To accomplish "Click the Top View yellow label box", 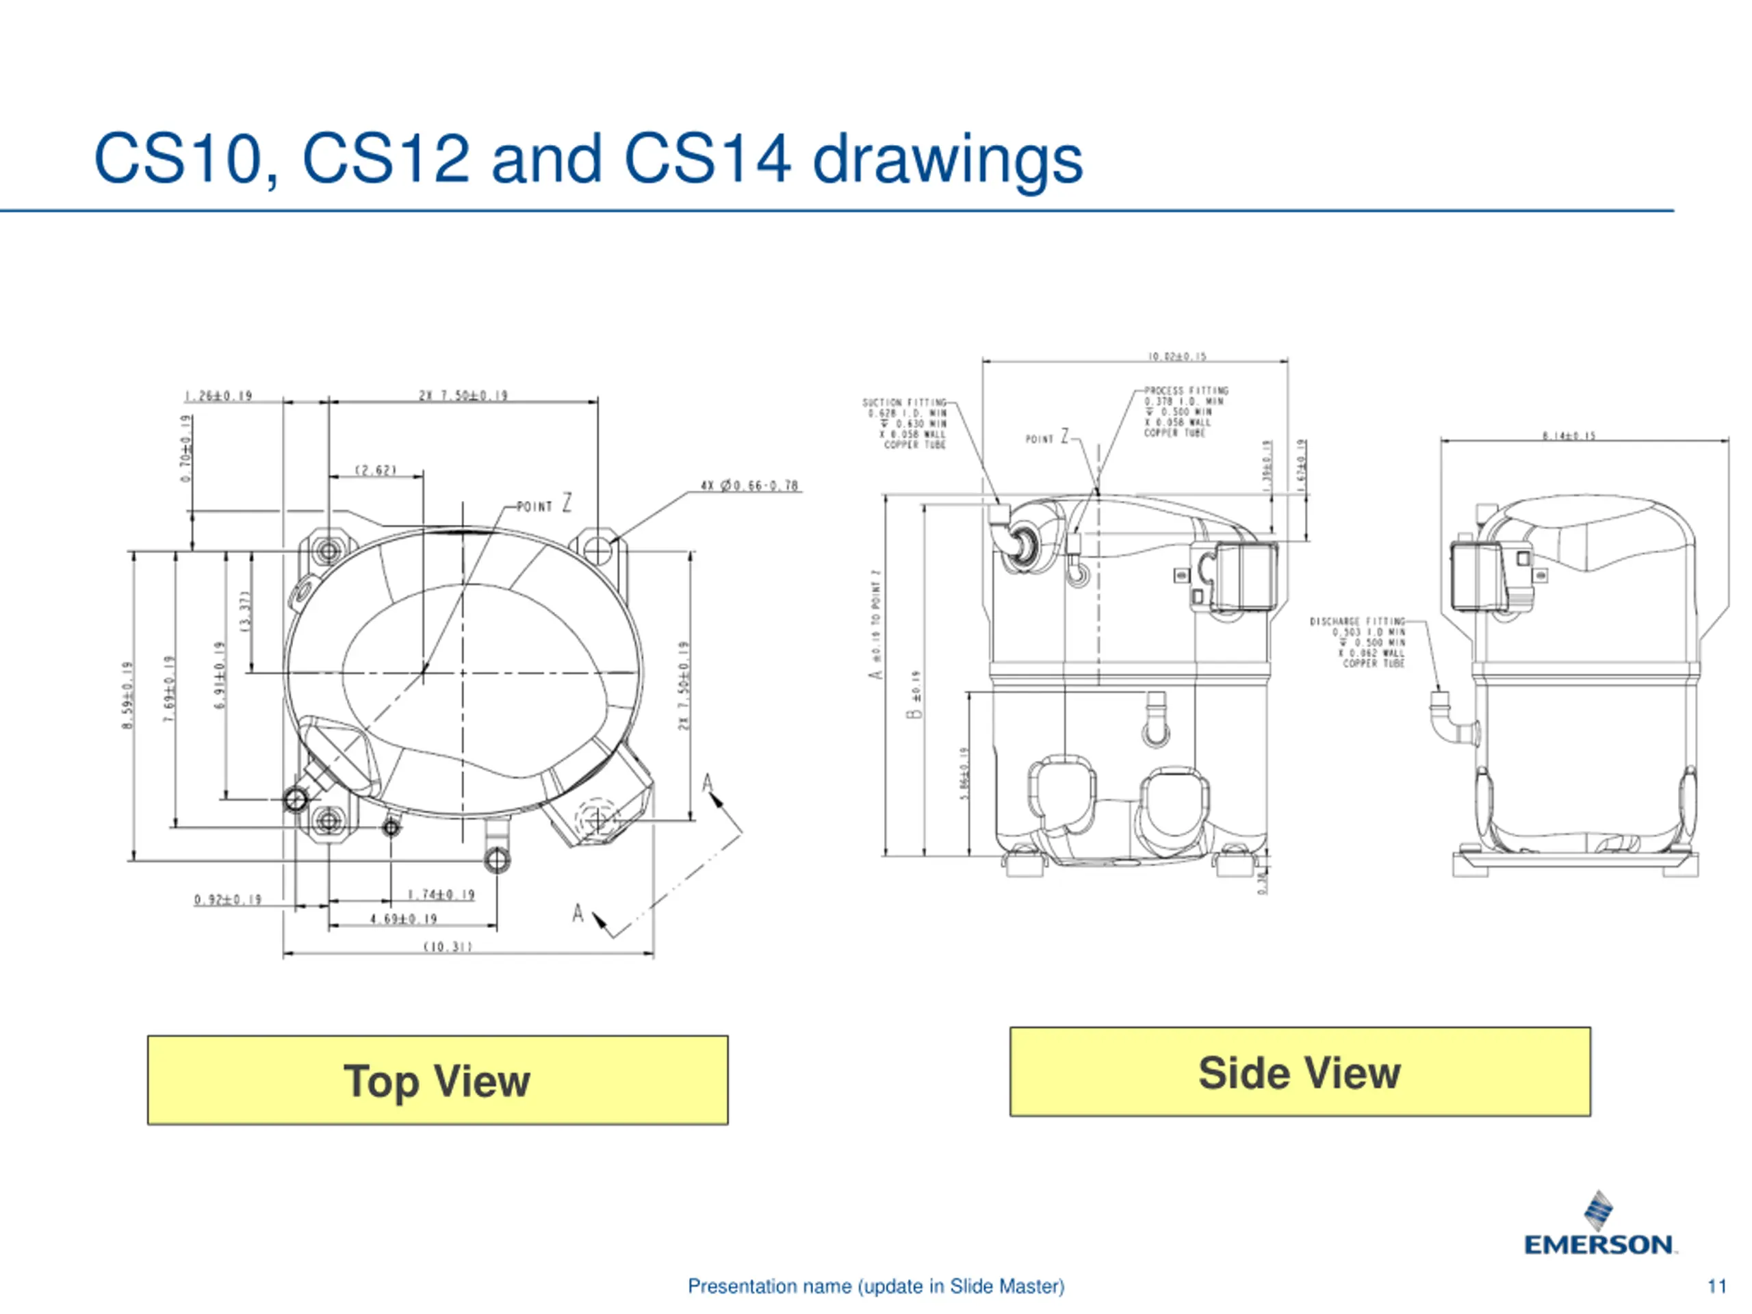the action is (437, 1081).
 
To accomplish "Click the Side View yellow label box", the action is (1300, 1072).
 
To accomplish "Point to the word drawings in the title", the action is (947, 160).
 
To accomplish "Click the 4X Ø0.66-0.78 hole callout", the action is (749, 485).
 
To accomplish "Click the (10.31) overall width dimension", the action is (448, 946).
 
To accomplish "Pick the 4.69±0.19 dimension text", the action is (403, 918).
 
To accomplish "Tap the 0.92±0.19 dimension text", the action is (228, 899).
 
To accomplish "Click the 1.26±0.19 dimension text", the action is (218, 396).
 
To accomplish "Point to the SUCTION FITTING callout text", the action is (905, 424).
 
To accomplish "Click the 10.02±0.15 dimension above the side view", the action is (1177, 357).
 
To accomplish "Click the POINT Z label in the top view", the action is (544, 504).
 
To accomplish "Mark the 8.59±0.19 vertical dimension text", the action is (127, 695).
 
